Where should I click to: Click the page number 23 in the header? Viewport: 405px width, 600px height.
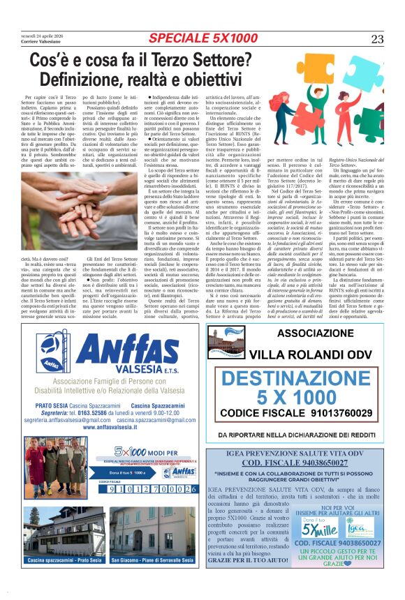tap(377, 39)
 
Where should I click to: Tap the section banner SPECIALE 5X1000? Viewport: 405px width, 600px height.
tap(202, 38)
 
